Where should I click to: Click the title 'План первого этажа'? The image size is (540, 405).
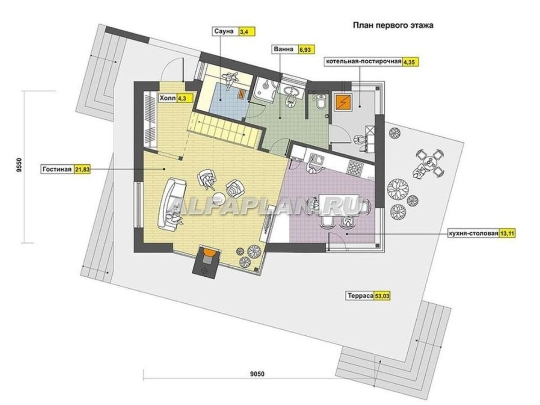click(393, 25)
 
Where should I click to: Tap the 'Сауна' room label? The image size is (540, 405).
click(224, 31)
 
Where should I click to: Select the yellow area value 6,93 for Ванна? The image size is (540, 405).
click(305, 50)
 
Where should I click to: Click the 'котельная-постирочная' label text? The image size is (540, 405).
click(364, 61)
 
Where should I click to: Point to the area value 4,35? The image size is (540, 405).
click(409, 62)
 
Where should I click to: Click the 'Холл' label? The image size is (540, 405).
click(167, 99)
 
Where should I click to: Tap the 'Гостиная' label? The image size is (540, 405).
click(57, 169)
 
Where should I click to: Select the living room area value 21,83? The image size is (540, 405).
click(82, 170)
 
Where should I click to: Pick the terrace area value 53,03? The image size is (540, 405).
click(382, 296)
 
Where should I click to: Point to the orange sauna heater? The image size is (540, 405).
click(242, 94)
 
